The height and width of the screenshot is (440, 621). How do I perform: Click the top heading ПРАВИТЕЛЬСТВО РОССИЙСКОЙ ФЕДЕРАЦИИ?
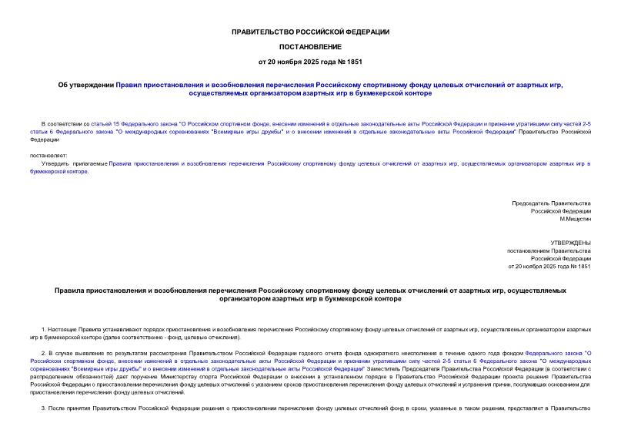click(310, 32)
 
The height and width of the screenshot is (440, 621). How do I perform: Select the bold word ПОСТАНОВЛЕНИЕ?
click(310, 45)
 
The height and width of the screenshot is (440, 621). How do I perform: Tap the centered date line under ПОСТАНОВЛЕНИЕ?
click(310, 60)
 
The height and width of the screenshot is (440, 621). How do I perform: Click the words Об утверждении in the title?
click(92, 85)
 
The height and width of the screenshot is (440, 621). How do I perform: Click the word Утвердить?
click(56, 164)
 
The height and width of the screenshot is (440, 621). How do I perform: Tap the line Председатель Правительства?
click(551, 203)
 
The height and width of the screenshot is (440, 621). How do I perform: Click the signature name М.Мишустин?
click(574, 219)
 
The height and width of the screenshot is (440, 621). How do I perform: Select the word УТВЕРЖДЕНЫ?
click(571, 242)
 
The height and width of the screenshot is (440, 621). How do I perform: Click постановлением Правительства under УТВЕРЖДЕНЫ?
click(548, 250)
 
